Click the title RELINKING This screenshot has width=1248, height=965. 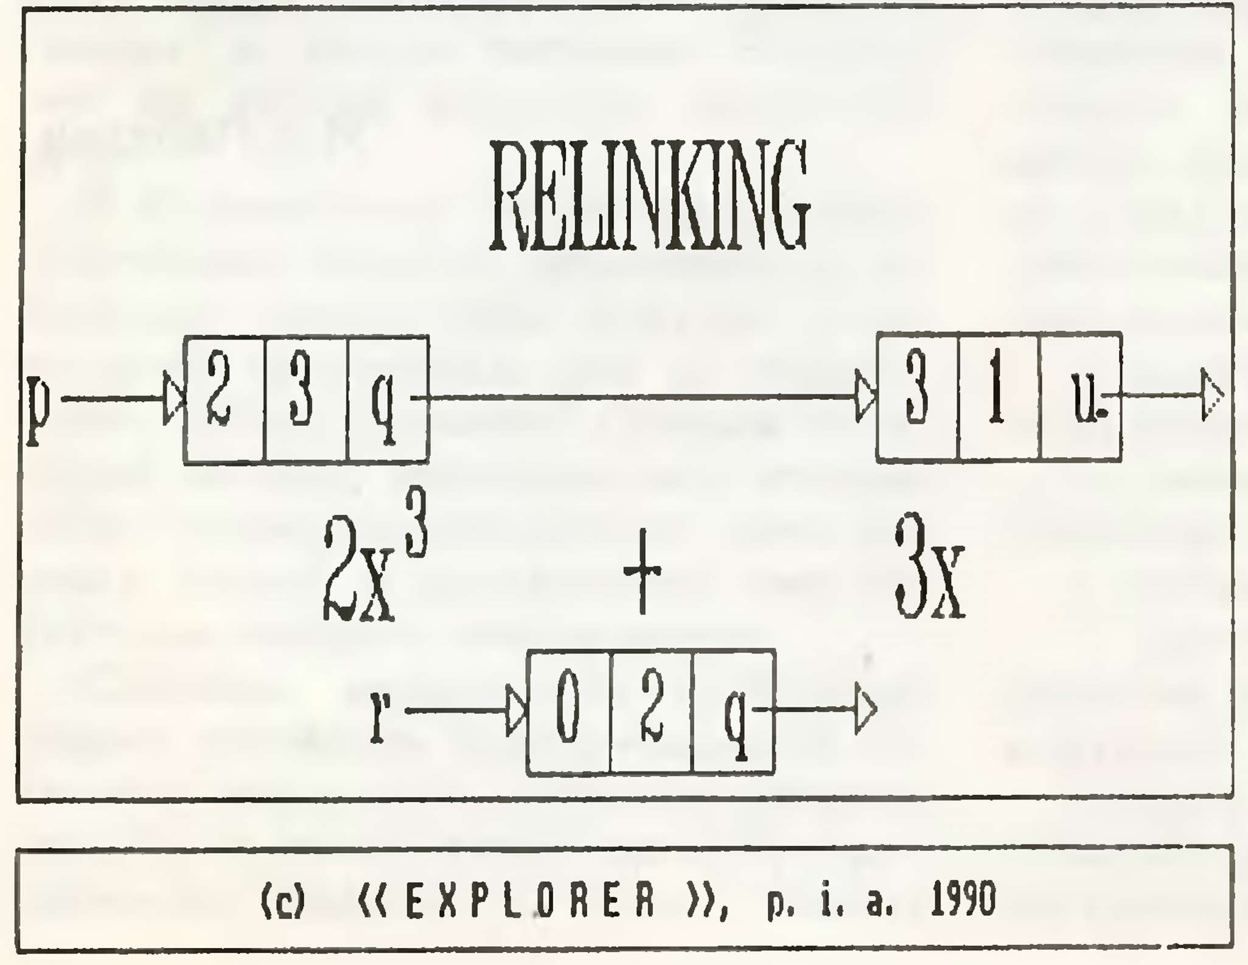pos(650,195)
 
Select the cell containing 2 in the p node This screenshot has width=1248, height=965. pos(225,400)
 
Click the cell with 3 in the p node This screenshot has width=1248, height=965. pos(306,400)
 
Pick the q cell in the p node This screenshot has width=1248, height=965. pos(388,400)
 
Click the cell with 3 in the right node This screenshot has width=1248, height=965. pos(918,397)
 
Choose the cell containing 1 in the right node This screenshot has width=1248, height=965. pos(1000,397)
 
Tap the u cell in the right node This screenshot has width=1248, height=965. pos(1081,397)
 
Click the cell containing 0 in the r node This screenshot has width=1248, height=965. pos(568,712)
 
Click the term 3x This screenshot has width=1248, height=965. pos(930,566)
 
